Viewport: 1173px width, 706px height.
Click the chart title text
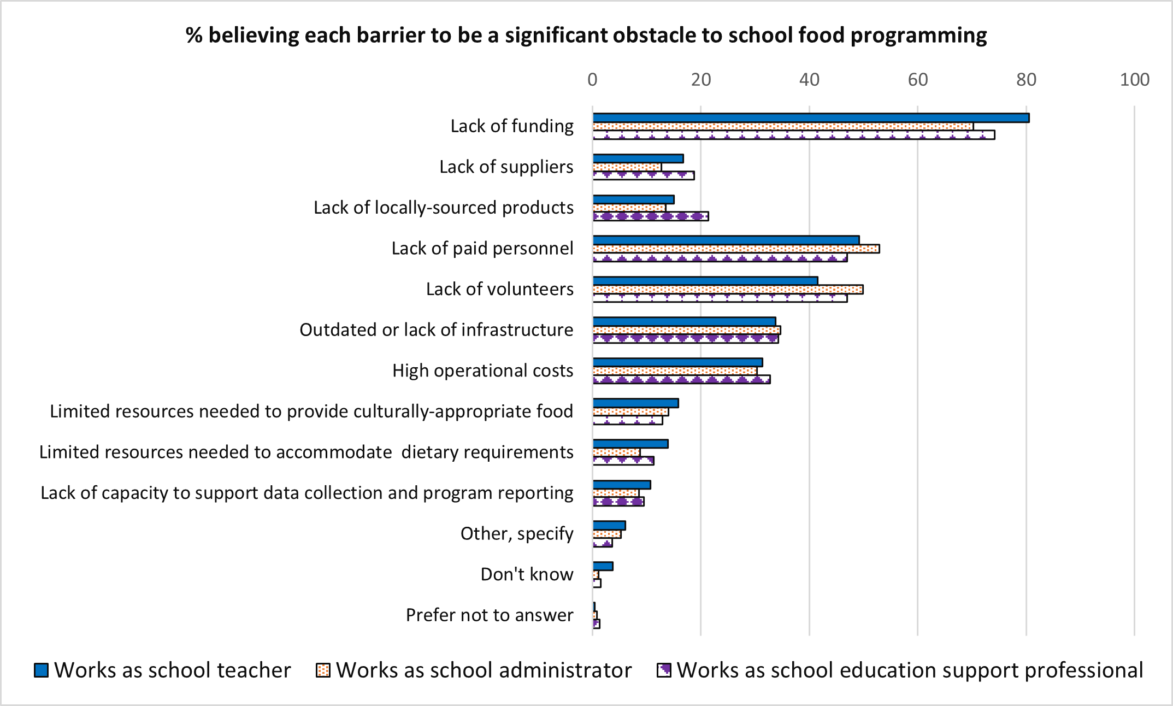[x=586, y=36]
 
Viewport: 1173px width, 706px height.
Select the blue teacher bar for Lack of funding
[x=811, y=118]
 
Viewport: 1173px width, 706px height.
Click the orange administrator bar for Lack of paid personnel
[x=736, y=249]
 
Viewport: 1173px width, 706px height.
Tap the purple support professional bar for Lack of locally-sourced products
[x=651, y=216]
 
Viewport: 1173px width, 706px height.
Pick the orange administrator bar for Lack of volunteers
[x=728, y=290]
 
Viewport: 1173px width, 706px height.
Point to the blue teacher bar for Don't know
[x=603, y=566]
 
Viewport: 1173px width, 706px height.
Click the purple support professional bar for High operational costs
[x=681, y=379]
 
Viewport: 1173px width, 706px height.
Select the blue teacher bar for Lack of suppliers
[x=638, y=158]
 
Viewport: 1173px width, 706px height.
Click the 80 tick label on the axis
[x=1026, y=80]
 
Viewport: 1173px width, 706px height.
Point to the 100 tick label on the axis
[x=1134, y=80]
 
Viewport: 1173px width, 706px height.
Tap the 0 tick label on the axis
[x=592, y=80]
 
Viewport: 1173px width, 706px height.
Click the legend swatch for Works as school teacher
[x=41, y=670]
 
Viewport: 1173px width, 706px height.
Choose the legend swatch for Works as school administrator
[x=323, y=670]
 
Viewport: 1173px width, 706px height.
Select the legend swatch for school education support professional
[x=664, y=670]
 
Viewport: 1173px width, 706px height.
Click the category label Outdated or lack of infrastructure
[x=436, y=330]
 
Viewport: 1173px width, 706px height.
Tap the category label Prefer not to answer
[x=489, y=615]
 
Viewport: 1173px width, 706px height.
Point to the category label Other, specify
[x=516, y=534]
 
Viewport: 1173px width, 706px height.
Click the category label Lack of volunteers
[x=499, y=289]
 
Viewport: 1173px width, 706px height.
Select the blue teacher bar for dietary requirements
[x=630, y=444]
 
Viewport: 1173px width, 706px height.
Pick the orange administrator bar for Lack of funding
[x=783, y=127]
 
